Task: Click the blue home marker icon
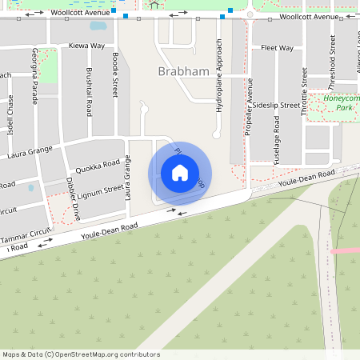(179, 173)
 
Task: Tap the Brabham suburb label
(184, 71)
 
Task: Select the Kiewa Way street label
(86, 46)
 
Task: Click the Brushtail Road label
(89, 90)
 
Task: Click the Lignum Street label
(101, 191)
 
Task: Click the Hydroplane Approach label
(218, 75)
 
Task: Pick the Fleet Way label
(277, 48)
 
